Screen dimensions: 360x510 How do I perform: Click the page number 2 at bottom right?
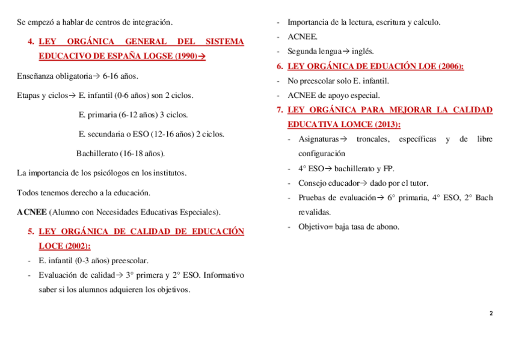tap(491, 313)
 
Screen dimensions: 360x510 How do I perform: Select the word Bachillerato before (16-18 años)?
tap(97, 153)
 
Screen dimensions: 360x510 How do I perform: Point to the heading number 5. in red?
tap(31, 231)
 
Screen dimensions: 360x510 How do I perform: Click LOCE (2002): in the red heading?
tap(64, 246)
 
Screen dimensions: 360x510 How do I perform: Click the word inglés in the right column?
tap(362, 51)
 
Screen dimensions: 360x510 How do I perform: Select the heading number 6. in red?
tap(280, 66)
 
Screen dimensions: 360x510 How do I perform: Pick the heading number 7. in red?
tap(280, 110)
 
